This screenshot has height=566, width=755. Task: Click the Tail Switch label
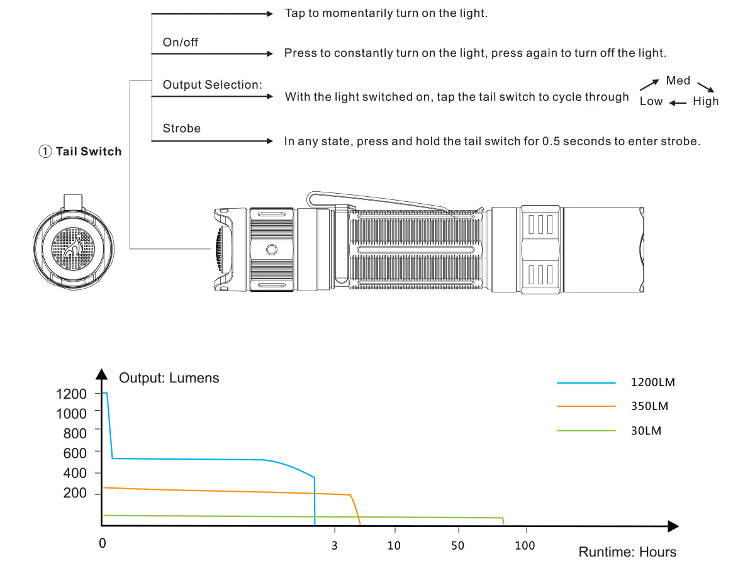[x=88, y=152]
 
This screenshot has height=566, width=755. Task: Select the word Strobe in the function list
[x=181, y=128]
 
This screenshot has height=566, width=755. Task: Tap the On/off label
[x=181, y=42]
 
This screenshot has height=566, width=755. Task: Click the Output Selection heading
[x=212, y=85]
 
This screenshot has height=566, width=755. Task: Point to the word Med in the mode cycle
[x=678, y=80]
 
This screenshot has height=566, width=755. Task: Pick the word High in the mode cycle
[x=705, y=101]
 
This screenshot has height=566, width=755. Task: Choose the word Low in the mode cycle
[x=651, y=101]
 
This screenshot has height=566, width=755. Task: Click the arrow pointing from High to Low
[x=678, y=103]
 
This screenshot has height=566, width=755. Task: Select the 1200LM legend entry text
[x=652, y=382]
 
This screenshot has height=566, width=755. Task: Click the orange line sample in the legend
[x=586, y=406]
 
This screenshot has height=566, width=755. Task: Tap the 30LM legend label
[x=646, y=431]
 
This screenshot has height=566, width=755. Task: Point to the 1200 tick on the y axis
[x=71, y=394]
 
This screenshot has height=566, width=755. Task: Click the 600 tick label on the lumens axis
[x=75, y=453]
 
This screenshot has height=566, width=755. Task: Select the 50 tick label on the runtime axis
[x=457, y=545]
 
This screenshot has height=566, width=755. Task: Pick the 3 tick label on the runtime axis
[x=334, y=545]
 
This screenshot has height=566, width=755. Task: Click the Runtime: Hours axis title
[x=627, y=552]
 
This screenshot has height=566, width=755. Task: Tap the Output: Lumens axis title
[x=169, y=378]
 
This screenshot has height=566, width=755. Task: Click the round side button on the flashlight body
[x=272, y=250]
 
